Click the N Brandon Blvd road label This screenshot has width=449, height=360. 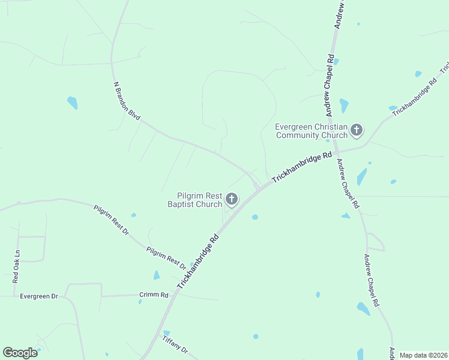click(127, 101)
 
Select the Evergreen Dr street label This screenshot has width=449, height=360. click(38, 296)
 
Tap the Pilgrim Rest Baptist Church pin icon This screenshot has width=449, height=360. click(231, 199)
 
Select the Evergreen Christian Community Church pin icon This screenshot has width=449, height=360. click(357, 130)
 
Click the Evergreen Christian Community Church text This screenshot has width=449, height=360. click(312, 131)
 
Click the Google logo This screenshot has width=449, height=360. click(20, 352)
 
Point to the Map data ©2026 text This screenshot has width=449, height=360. click(423, 355)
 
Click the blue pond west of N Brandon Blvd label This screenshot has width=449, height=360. click(73, 103)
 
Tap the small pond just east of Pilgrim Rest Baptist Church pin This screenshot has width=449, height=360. click(255, 217)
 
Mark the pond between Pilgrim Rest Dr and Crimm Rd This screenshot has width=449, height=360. click(157, 275)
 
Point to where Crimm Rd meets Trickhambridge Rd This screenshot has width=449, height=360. click(173, 294)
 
